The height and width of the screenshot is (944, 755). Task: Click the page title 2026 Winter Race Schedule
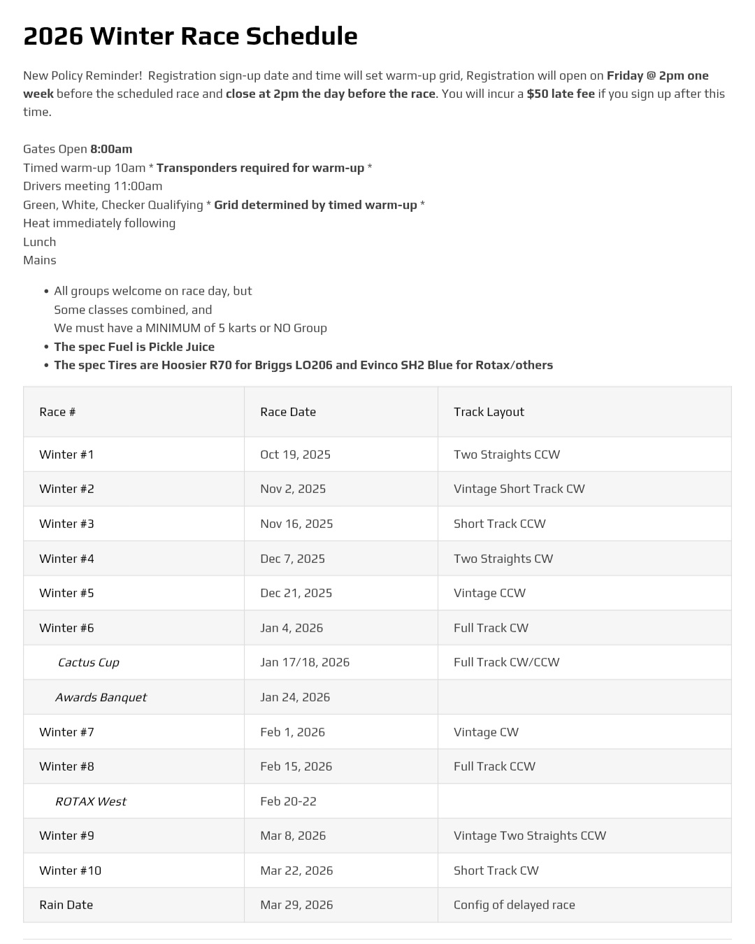(190, 36)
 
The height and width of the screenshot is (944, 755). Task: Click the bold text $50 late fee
(560, 94)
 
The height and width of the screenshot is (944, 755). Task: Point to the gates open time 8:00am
(111, 149)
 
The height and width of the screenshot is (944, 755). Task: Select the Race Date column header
(288, 412)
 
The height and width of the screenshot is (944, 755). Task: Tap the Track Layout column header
(489, 412)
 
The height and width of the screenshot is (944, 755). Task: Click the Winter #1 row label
(66, 455)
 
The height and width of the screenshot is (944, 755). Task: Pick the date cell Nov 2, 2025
(293, 489)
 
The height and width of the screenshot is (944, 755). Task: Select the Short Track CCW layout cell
(499, 524)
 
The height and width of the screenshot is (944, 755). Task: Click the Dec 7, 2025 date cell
(292, 559)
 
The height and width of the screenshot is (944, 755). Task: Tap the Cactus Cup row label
(88, 662)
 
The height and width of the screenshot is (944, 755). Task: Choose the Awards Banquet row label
(101, 697)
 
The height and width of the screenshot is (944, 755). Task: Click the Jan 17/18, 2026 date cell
(305, 662)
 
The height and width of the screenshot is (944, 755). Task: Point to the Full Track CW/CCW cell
(506, 662)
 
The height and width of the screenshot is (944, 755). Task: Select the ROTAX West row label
(90, 801)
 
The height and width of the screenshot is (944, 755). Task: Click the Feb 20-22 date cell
(288, 801)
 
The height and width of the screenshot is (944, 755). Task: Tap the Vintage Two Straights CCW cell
(529, 836)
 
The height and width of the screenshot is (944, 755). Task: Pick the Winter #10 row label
(70, 871)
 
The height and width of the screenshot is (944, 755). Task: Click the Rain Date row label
(66, 905)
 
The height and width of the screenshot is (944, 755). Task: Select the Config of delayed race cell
(514, 905)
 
